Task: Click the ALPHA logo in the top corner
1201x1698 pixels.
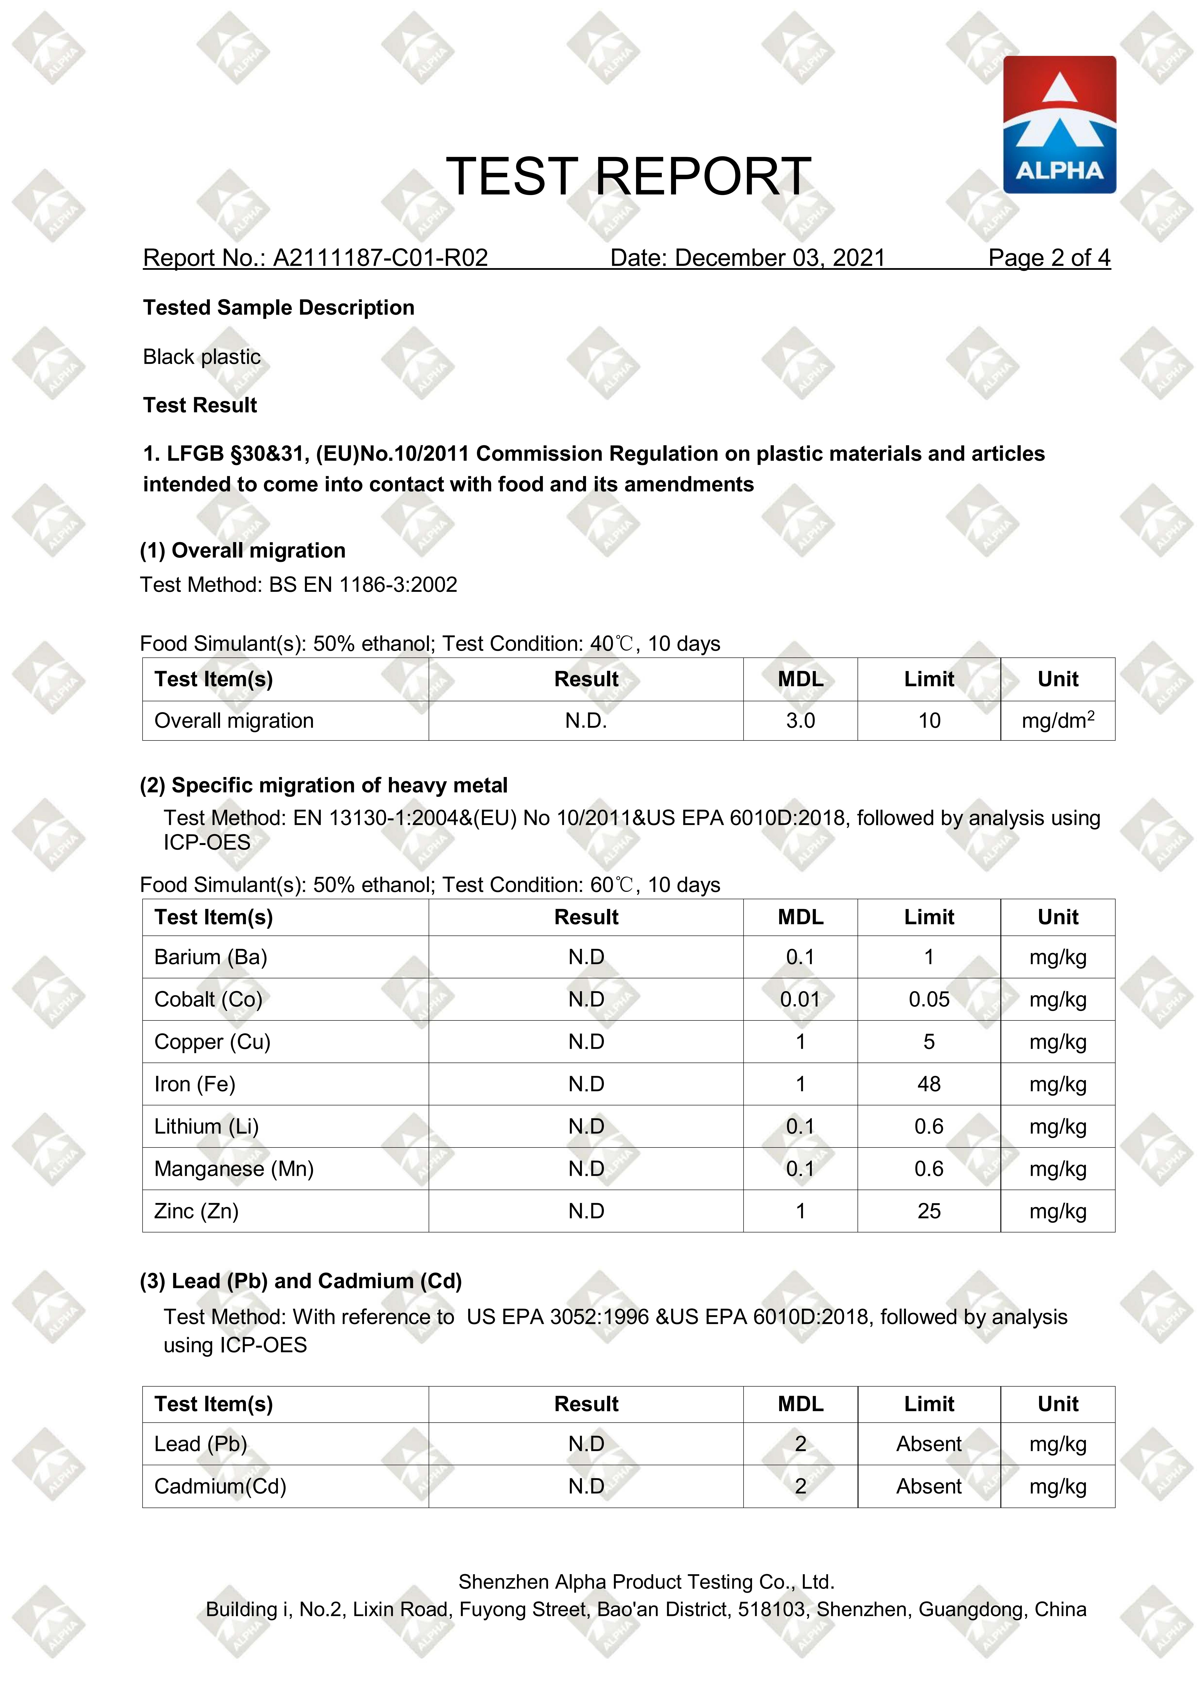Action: [x=1059, y=124]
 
